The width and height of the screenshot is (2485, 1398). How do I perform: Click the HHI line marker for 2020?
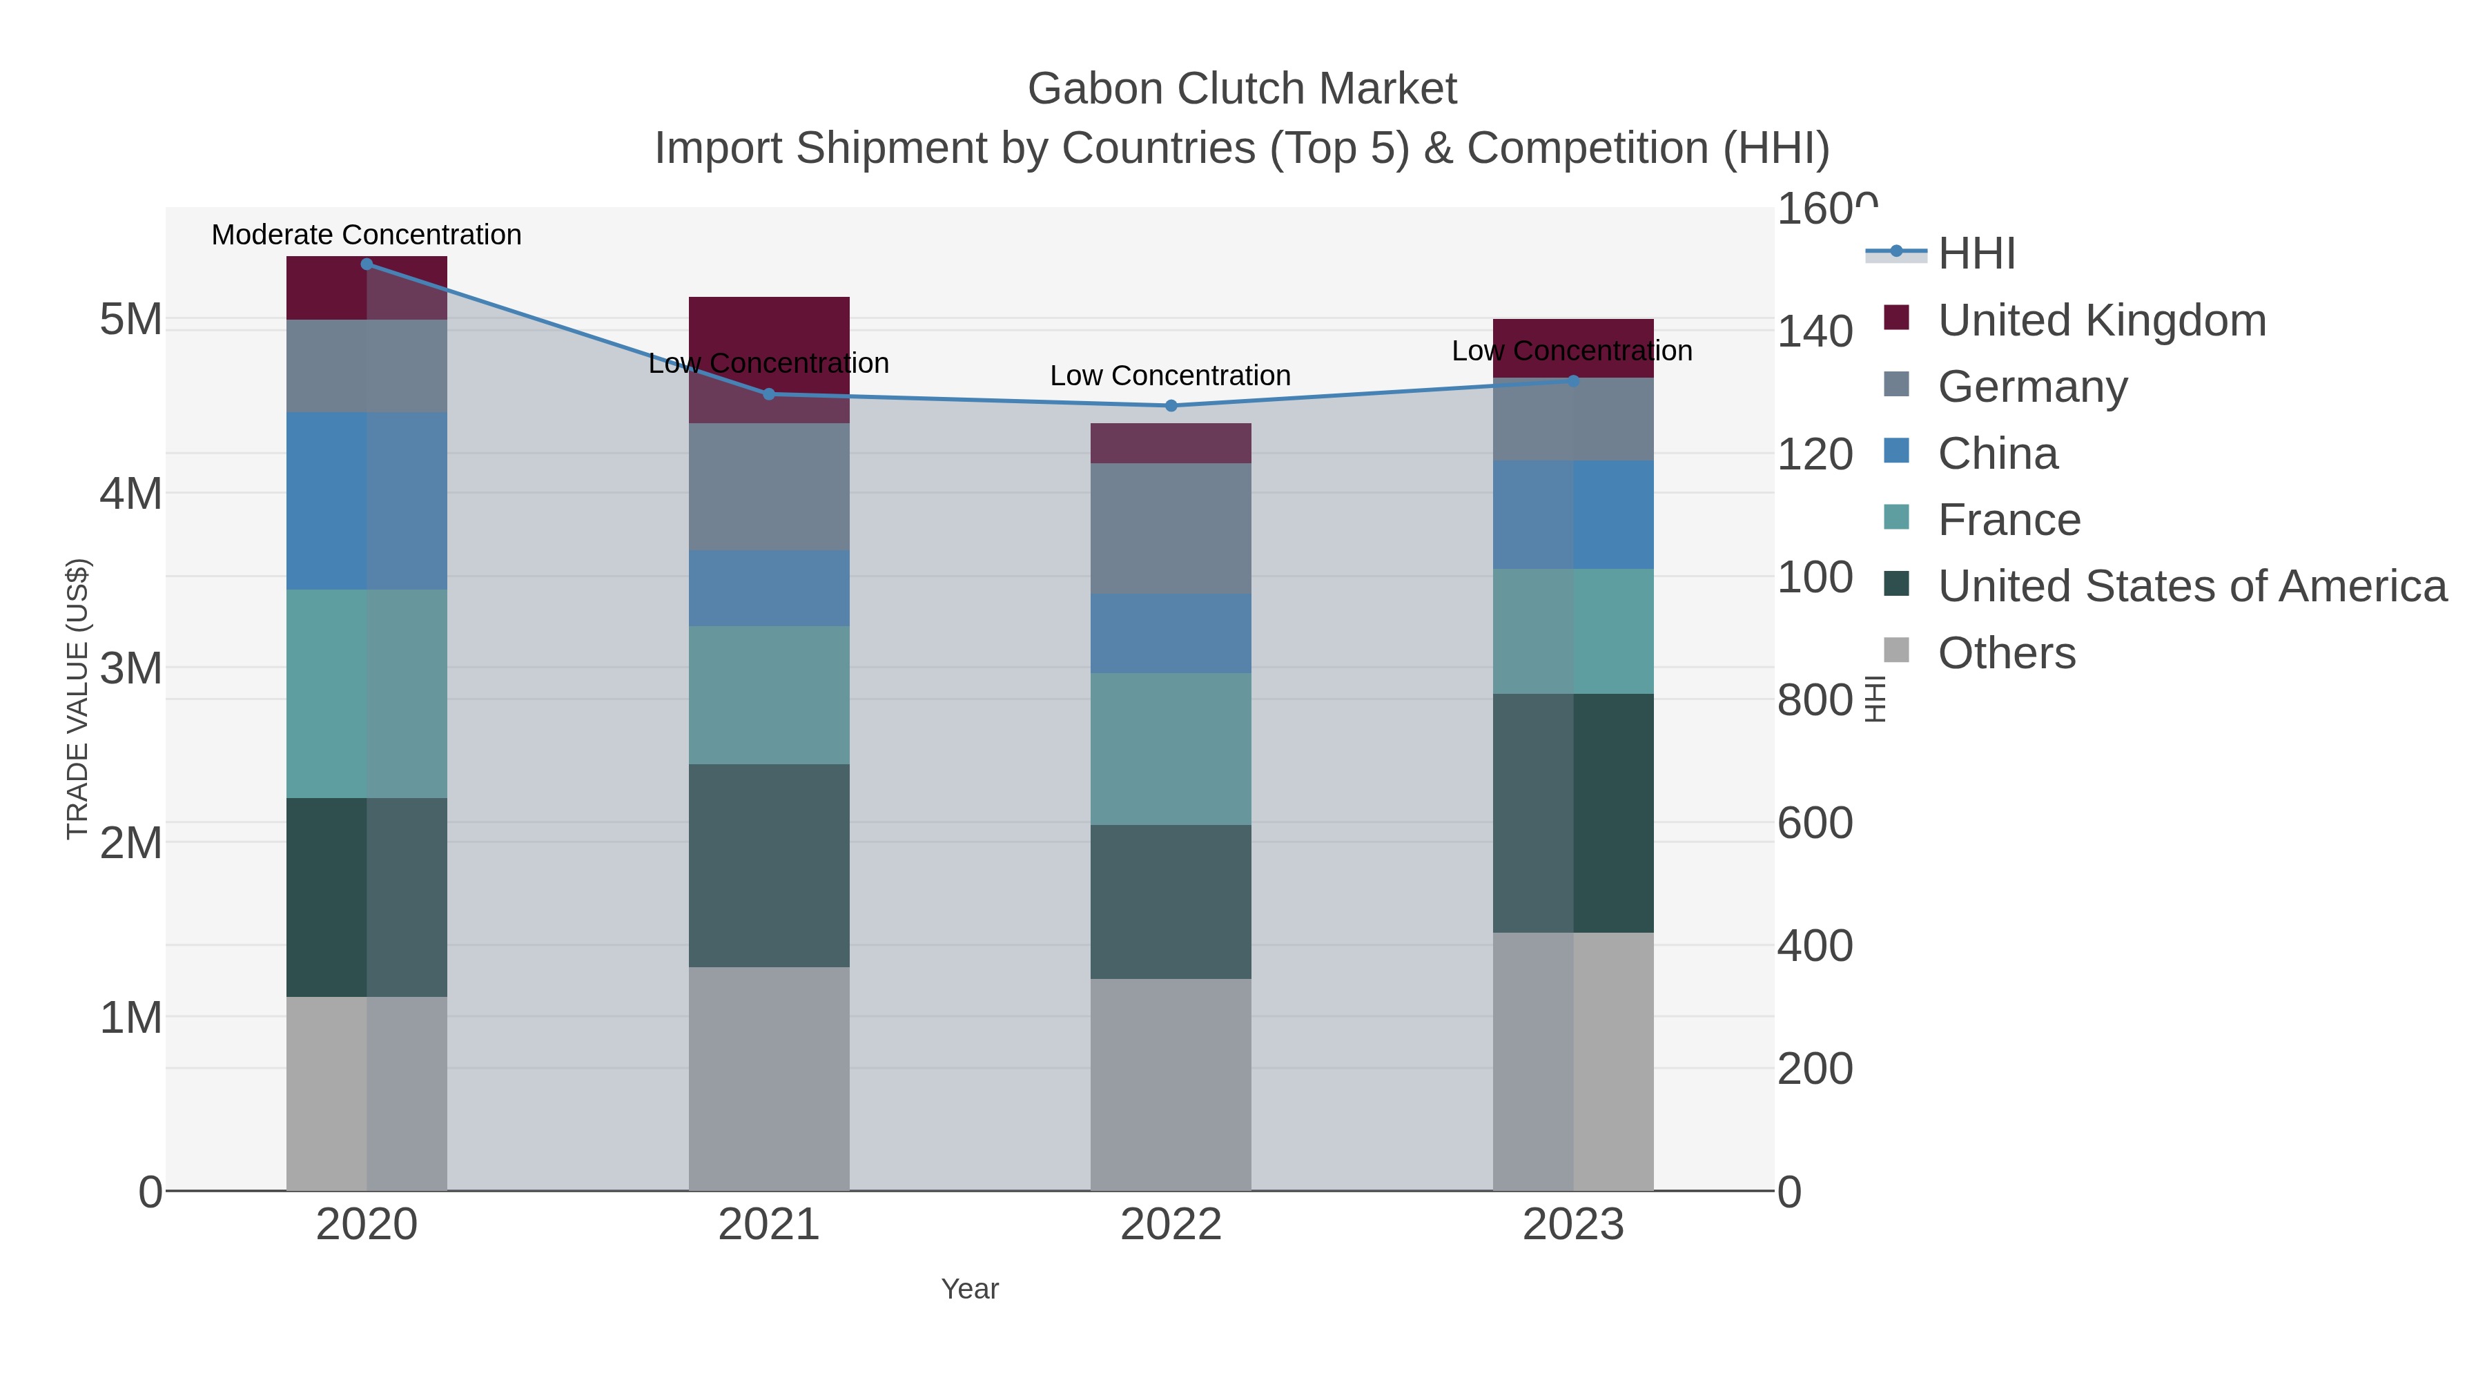point(367,264)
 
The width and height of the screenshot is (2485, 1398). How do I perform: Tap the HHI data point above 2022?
point(1171,406)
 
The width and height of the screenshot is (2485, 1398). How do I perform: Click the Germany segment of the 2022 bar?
point(1171,529)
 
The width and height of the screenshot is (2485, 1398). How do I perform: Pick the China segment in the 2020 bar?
point(367,501)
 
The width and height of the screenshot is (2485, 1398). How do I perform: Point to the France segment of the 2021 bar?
point(769,695)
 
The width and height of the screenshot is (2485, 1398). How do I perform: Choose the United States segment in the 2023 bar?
point(1573,813)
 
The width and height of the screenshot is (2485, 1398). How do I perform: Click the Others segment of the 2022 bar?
point(1171,1085)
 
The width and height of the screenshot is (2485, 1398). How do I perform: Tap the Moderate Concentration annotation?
point(367,235)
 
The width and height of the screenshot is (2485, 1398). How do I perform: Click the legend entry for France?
point(2009,520)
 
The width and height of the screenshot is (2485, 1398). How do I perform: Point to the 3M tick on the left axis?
point(131,668)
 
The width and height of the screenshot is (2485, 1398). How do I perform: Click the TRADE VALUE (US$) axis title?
point(77,699)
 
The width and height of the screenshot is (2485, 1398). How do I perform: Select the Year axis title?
point(970,1289)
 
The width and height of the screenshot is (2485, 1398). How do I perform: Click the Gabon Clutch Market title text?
point(1242,89)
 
